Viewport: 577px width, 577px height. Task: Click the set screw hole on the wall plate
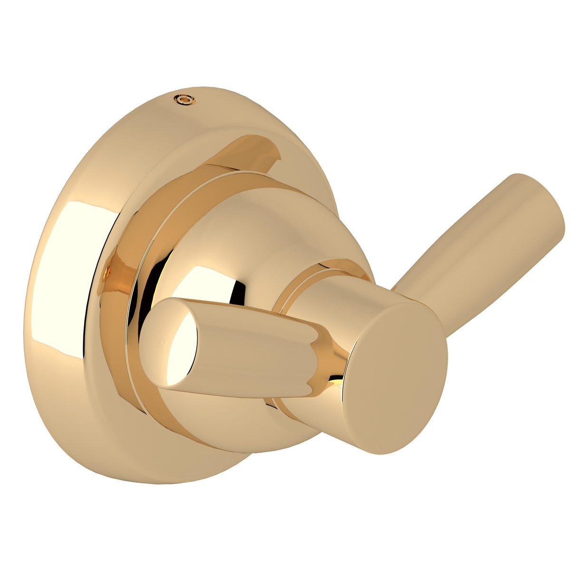[184, 99]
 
